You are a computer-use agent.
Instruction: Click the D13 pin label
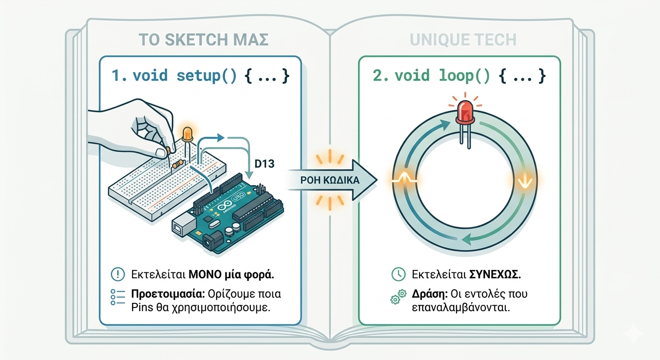point(264,164)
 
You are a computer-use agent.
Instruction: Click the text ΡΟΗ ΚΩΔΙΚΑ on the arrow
point(330,180)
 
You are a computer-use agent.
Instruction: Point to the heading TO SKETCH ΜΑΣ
point(203,40)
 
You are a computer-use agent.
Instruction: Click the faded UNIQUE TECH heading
point(463,40)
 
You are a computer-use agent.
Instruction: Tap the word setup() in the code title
point(207,75)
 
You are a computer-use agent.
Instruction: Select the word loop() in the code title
point(465,75)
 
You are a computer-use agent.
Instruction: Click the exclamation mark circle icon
point(118,274)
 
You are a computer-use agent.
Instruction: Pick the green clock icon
point(398,274)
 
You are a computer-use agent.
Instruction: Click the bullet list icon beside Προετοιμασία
point(118,297)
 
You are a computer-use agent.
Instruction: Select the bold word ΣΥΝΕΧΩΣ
point(495,275)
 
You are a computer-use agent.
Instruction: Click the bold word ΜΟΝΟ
point(205,275)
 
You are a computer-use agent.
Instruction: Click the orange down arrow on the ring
point(525,181)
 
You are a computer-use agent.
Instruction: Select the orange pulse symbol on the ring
point(405,179)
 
